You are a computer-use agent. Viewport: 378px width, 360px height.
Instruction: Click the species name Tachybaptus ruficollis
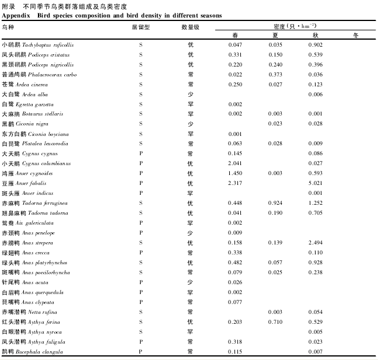point(48,45)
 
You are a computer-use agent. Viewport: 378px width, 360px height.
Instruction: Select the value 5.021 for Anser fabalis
point(316,183)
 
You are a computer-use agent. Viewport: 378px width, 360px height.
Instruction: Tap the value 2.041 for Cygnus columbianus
point(235,163)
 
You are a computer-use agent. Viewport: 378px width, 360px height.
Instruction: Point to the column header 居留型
point(141,27)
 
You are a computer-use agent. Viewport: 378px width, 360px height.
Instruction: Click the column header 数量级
point(190,27)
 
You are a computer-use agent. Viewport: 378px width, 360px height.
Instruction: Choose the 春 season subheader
point(235,36)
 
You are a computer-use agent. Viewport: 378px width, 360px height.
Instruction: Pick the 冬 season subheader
point(356,36)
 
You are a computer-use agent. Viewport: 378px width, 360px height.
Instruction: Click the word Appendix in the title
point(16,16)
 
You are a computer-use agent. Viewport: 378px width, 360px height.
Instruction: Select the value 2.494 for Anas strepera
point(316,243)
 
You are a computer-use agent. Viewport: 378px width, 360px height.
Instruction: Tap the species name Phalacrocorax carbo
point(52,75)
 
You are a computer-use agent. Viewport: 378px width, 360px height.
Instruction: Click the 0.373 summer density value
point(275,75)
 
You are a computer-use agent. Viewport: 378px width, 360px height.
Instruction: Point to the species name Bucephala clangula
point(39,352)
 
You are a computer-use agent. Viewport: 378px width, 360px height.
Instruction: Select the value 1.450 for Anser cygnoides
point(235,173)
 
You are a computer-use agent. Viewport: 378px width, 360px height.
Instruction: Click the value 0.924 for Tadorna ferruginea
point(275,203)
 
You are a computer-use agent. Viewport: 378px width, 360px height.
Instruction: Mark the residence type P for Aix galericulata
point(141,222)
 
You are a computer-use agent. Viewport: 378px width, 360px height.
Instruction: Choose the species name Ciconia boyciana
point(48,134)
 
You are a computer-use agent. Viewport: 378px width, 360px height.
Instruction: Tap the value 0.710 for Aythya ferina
point(275,322)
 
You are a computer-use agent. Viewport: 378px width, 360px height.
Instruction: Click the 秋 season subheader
point(316,36)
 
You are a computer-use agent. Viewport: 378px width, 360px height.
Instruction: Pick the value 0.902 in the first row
point(316,44)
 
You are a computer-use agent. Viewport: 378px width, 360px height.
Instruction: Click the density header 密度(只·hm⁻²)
point(295,26)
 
